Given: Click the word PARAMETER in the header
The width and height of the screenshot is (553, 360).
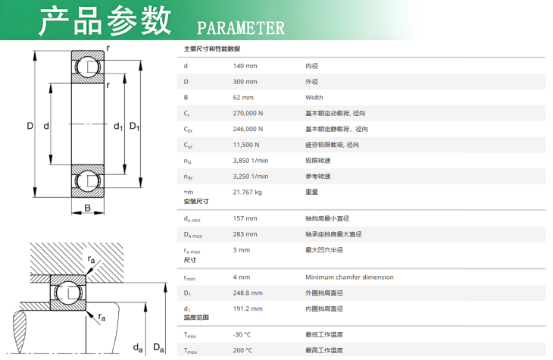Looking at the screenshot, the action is (241, 28).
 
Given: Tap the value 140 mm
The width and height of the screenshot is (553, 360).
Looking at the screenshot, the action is (245, 66).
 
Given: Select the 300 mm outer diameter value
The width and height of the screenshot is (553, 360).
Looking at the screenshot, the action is (245, 82).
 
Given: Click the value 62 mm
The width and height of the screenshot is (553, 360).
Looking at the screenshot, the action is (243, 98).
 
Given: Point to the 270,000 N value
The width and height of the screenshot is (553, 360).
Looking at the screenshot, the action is (248, 113).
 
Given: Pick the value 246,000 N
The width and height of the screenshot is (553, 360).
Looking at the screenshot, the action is (248, 129).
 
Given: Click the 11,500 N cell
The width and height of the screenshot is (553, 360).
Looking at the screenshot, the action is (245, 145).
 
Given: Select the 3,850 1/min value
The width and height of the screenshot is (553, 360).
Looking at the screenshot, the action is (251, 161).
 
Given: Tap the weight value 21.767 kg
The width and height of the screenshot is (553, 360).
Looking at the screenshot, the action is (247, 192).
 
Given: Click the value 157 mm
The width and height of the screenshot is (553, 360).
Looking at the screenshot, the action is (245, 218).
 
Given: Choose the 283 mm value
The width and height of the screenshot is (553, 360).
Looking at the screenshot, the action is (245, 234).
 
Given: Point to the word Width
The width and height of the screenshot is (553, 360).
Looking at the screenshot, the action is (314, 98).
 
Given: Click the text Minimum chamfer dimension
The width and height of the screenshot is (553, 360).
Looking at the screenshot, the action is (349, 277).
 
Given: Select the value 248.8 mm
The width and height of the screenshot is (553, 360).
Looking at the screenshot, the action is (248, 293).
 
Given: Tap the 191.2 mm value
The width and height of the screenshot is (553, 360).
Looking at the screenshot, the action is (248, 308).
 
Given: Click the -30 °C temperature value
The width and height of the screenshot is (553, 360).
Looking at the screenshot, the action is (242, 334).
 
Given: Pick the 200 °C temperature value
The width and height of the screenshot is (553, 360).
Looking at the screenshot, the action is (242, 350).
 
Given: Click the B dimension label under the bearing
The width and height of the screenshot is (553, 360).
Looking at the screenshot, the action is (87, 208).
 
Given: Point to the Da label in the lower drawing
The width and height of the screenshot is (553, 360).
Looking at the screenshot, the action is (158, 348).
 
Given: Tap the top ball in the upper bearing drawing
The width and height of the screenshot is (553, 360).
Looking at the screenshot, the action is (87, 67).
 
